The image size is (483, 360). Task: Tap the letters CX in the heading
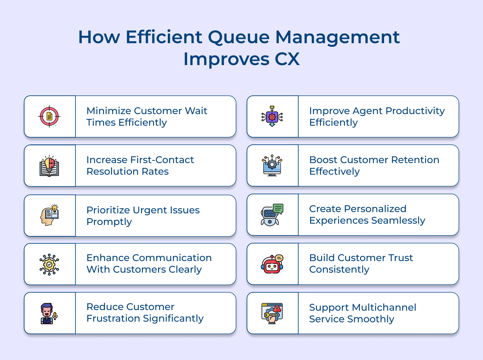pyautogui.click(x=287, y=59)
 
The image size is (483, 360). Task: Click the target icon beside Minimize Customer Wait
pyautogui.click(x=49, y=116)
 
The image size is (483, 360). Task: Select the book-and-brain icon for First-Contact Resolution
pyautogui.click(x=49, y=166)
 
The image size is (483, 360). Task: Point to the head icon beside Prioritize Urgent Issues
pyautogui.click(x=49, y=215)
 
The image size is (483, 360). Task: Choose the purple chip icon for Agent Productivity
pyautogui.click(x=272, y=116)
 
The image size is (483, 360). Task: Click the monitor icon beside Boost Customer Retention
pyautogui.click(x=272, y=165)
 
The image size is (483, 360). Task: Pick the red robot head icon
pyautogui.click(x=272, y=264)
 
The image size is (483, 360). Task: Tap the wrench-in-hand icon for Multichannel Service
pyautogui.click(x=272, y=313)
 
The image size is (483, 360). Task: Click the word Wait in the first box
pyautogui.click(x=196, y=111)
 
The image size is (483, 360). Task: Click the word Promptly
pyautogui.click(x=109, y=222)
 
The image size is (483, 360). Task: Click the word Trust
pyautogui.click(x=400, y=258)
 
